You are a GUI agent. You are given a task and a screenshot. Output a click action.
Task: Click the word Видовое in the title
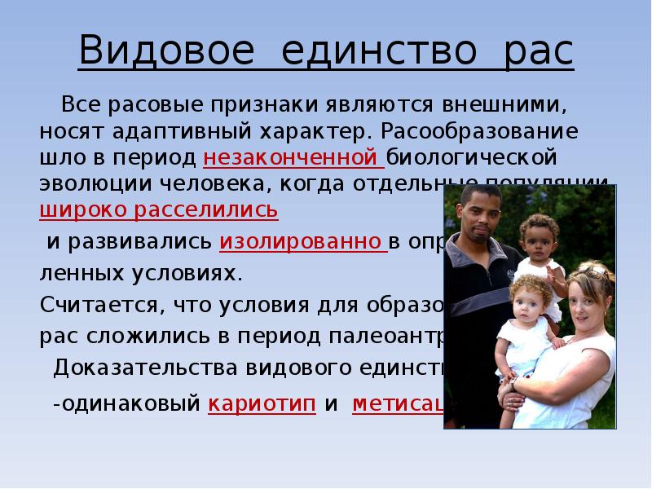coord(167,52)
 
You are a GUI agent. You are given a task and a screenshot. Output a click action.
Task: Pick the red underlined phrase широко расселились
coord(159,209)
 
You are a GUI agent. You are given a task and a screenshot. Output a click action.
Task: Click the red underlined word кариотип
coord(262,405)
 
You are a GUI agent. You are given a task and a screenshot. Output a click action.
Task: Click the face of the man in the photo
coord(481,213)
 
